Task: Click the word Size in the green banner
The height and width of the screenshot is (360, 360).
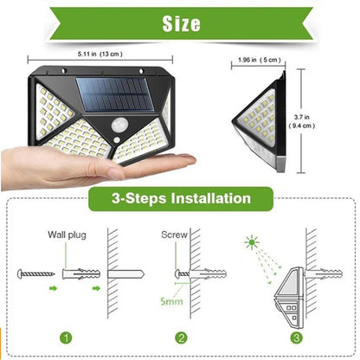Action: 181,22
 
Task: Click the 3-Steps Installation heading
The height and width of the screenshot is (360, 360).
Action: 180,198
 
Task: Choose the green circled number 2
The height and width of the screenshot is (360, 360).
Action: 179,337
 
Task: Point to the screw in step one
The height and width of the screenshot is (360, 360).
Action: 39,273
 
